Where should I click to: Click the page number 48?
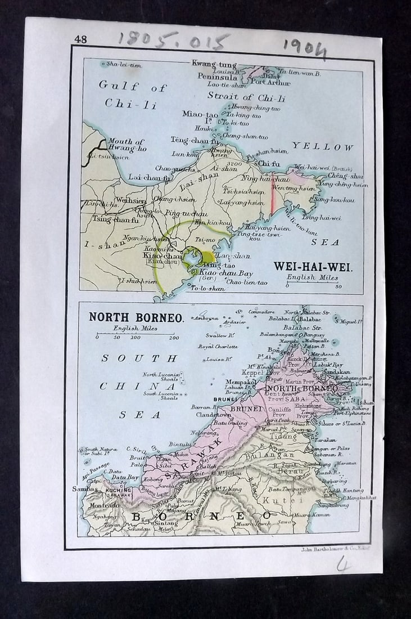click(x=80, y=39)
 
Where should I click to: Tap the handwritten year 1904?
click(x=305, y=49)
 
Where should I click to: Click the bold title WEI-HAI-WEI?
click(x=313, y=267)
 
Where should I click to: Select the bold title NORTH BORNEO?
click(x=136, y=317)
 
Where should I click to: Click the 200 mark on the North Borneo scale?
click(x=174, y=338)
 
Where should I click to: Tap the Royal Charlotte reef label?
click(x=218, y=347)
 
